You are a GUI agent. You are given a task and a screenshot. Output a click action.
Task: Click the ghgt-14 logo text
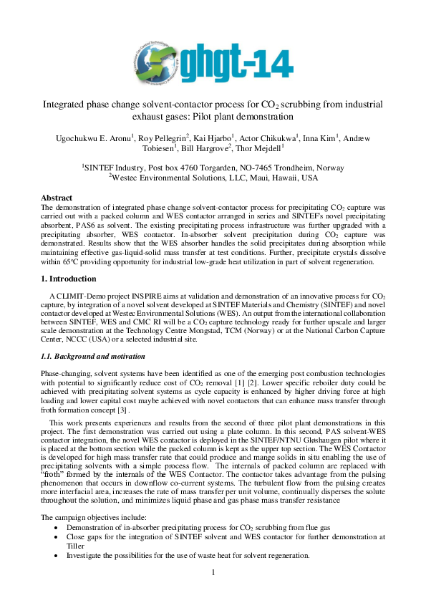coord(240,60)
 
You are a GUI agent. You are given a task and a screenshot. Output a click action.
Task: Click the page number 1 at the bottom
coord(213,571)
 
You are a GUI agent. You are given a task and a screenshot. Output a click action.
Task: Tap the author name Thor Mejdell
coord(258,149)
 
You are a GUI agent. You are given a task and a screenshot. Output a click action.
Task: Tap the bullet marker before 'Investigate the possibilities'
coord(57,555)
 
